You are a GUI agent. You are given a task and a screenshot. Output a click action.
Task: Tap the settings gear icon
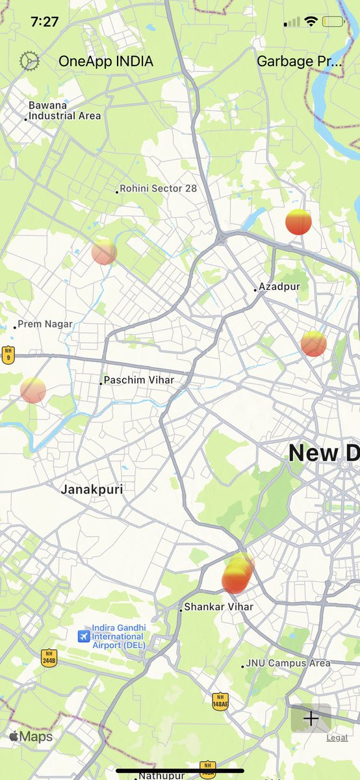click(x=29, y=61)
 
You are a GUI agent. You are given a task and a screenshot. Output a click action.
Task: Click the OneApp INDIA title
click(x=106, y=62)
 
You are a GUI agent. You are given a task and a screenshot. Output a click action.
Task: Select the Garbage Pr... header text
click(x=299, y=62)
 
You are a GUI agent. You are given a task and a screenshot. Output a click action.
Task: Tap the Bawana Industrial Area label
click(x=64, y=110)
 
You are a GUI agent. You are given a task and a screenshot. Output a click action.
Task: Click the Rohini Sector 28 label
click(x=158, y=188)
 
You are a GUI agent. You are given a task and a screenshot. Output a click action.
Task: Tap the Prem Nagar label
click(x=45, y=324)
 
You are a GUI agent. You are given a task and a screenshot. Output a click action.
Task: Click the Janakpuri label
click(x=92, y=489)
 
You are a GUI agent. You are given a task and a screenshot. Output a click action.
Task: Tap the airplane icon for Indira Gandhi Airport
click(x=83, y=636)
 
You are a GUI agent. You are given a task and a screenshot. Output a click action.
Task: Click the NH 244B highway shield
click(x=49, y=657)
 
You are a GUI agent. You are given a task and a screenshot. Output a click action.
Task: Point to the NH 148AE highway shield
click(x=220, y=701)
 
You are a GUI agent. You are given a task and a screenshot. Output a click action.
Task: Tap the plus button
click(x=311, y=718)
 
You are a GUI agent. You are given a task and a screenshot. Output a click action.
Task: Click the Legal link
click(x=337, y=738)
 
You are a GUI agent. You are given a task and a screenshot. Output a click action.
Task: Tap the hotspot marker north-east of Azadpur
click(x=298, y=222)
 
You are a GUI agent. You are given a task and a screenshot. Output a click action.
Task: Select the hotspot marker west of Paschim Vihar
click(x=33, y=390)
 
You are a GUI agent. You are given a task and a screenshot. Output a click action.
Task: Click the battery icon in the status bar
click(x=333, y=21)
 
